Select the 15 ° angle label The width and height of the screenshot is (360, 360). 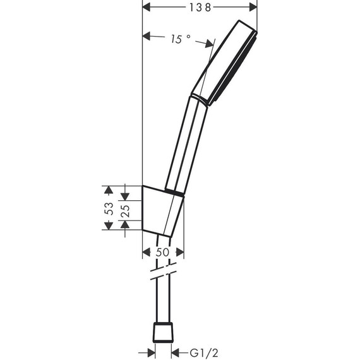(180, 39)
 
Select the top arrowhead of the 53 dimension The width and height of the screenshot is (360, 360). (108, 188)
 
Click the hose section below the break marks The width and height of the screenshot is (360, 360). (164, 303)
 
